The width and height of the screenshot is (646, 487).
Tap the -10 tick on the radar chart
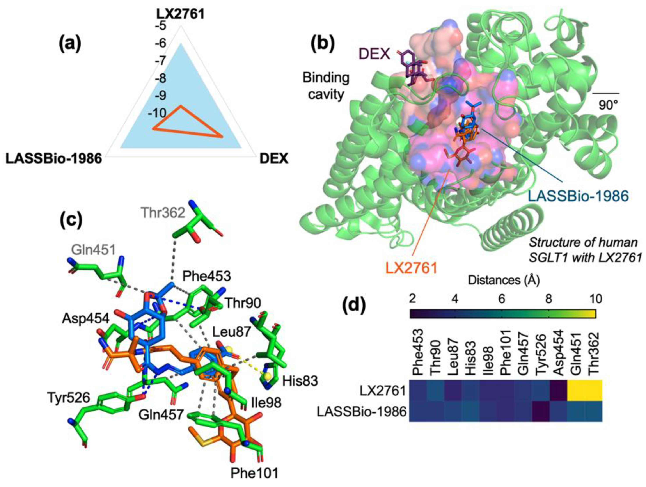(x=157, y=113)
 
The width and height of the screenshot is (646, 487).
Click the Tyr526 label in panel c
(x=69, y=398)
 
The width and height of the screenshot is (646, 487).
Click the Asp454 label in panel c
(x=85, y=319)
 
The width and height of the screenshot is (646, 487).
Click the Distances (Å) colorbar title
(x=504, y=281)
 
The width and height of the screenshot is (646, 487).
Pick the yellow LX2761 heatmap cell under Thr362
(x=593, y=390)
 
